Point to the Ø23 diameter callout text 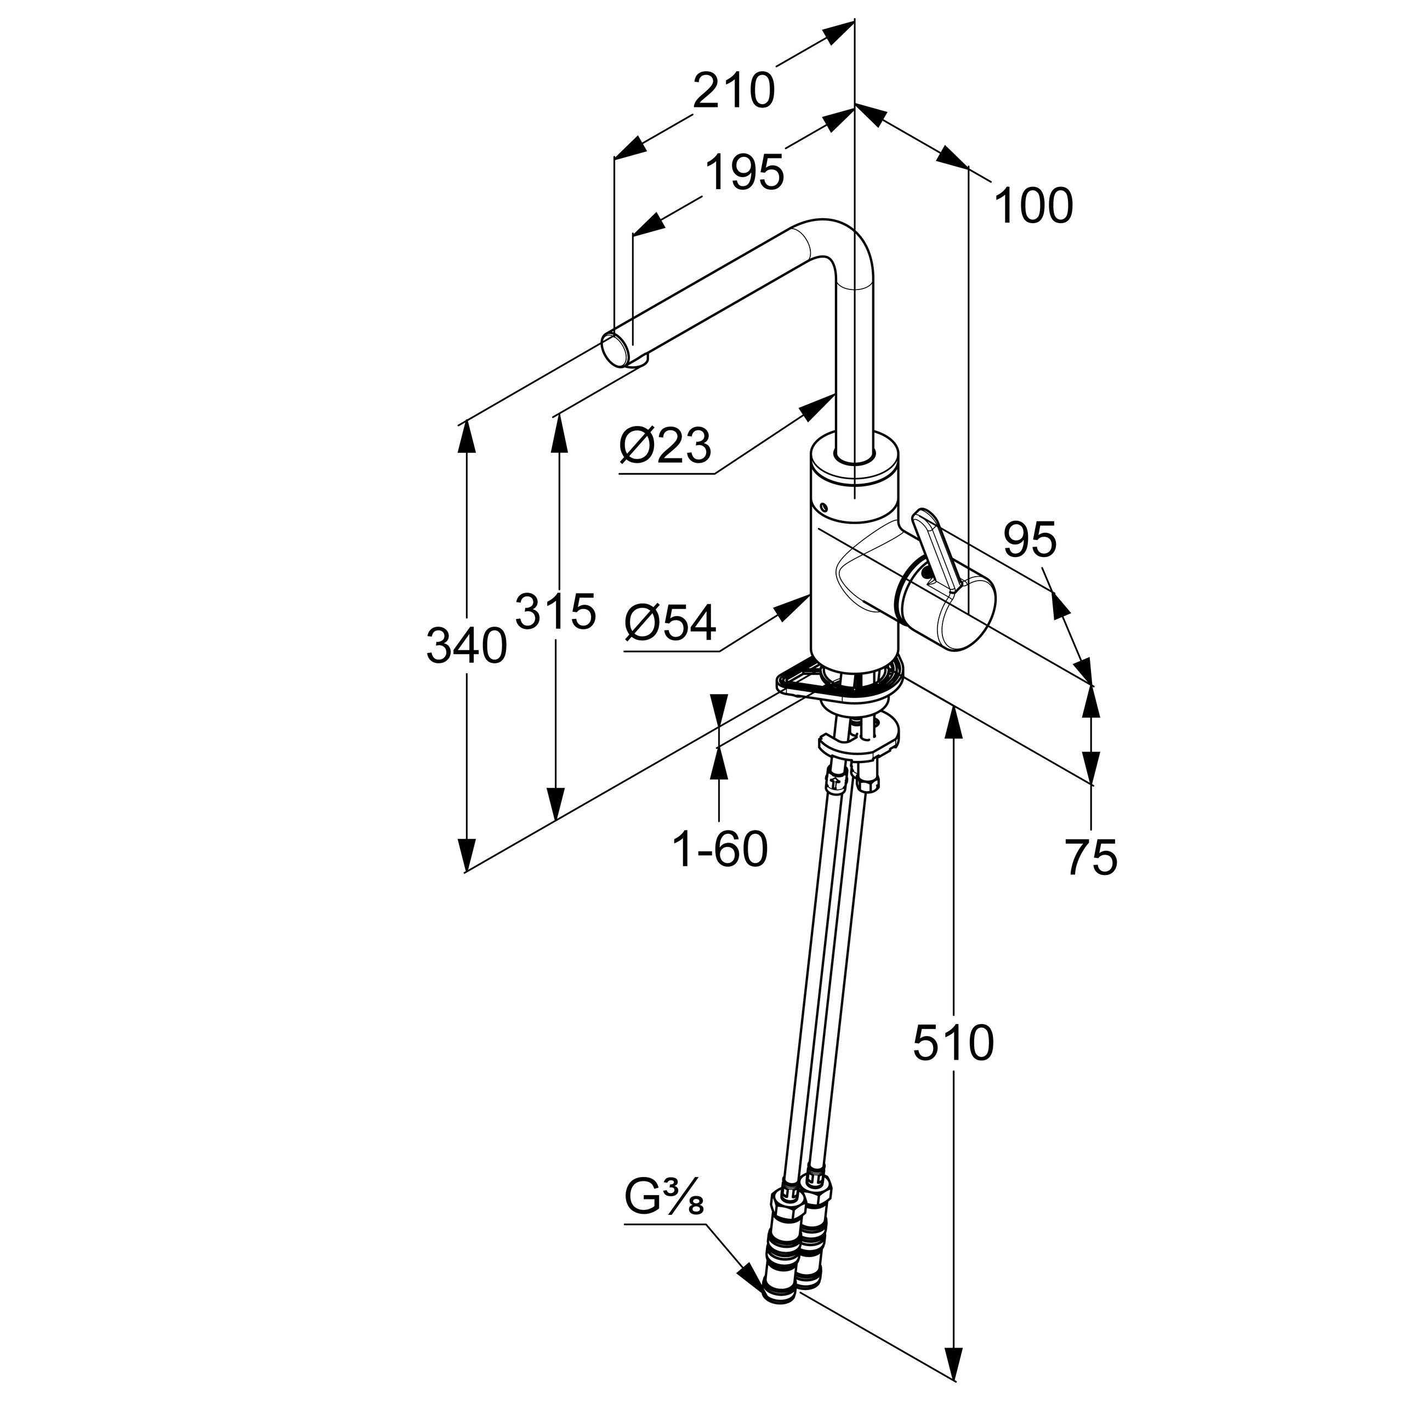tap(665, 446)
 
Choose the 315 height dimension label tap(556, 611)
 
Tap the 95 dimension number tap(1030, 540)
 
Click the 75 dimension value tap(1092, 857)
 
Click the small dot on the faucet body tap(824, 507)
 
